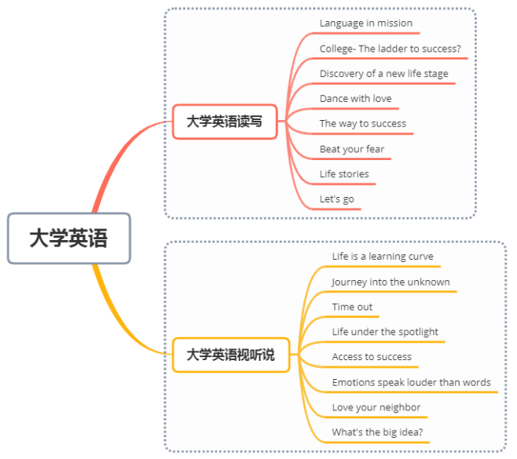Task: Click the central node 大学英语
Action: click(68, 239)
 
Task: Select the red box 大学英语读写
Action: click(225, 122)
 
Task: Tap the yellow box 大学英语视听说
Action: click(231, 355)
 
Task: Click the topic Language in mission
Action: click(365, 24)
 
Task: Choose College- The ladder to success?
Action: click(390, 49)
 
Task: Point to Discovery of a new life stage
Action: click(383, 74)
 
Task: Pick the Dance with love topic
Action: click(355, 99)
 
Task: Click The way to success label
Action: click(362, 123)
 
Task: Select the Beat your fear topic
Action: click(351, 149)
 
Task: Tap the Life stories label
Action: click(344, 174)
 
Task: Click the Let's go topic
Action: click(336, 199)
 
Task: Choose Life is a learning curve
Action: click(382, 257)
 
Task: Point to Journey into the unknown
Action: click(390, 282)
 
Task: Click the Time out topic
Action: click(352, 307)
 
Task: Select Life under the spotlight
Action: click(385, 332)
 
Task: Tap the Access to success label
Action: click(372, 357)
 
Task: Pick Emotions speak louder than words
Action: click(411, 383)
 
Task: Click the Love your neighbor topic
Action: click(376, 407)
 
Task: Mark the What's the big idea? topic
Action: click(377, 432)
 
